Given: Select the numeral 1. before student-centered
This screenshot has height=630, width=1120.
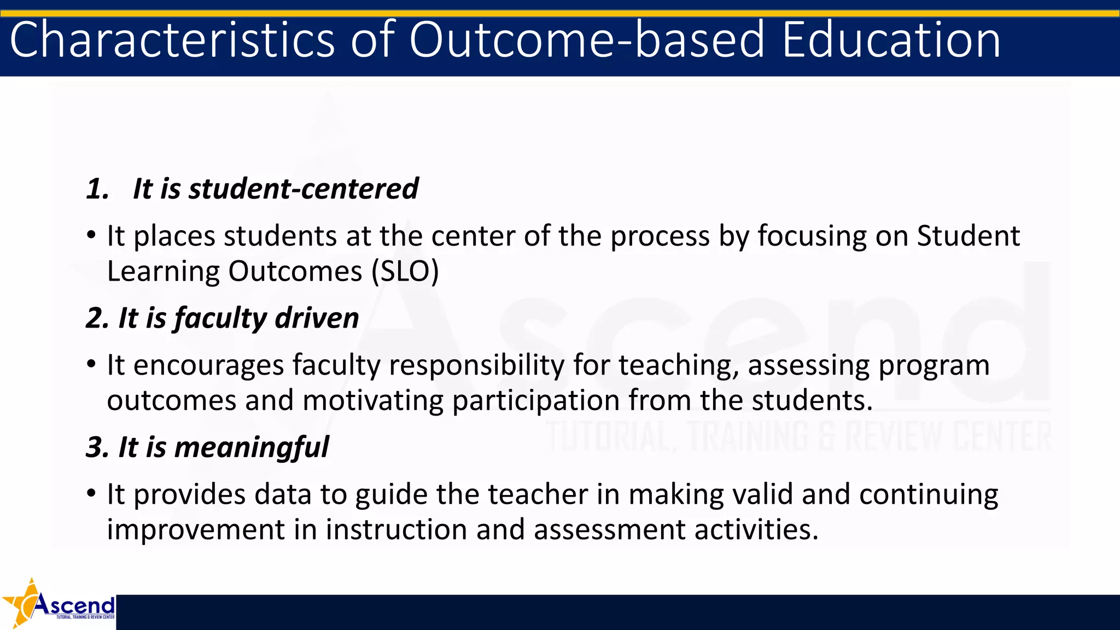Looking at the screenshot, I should pyautogui.click(x=98, y=189).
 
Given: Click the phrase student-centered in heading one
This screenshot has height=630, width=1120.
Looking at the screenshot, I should pyautogui.click(x=304, y=189).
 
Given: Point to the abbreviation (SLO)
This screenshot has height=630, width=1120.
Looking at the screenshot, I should pyautogui.click(x=405, y=271).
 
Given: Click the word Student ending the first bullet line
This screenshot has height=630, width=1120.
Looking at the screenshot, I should pyautogui.click(x=968, y=236).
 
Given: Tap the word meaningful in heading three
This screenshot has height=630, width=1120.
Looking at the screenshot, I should pyautogui.click(x=252, y=448).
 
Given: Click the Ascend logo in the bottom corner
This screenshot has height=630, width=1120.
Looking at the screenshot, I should pyautogui.click(x=59, y=604).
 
